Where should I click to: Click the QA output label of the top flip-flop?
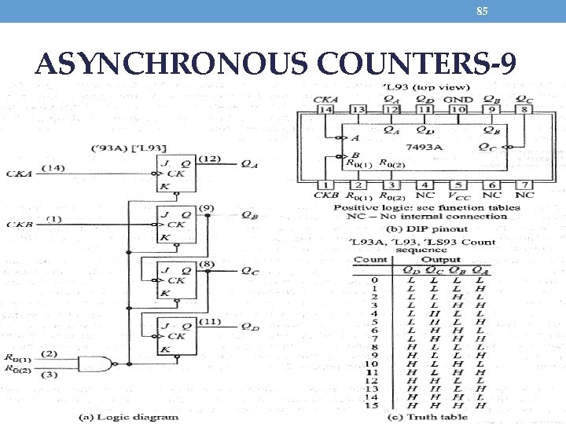(x=248, y=164)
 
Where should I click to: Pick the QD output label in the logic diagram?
(x=248, y=327)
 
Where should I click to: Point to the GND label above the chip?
(x=458, y=100)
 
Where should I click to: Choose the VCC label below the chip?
(x=457, y=195)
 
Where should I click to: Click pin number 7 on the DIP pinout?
(x=524, y=184)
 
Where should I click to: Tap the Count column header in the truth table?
(x=370, y=259)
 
